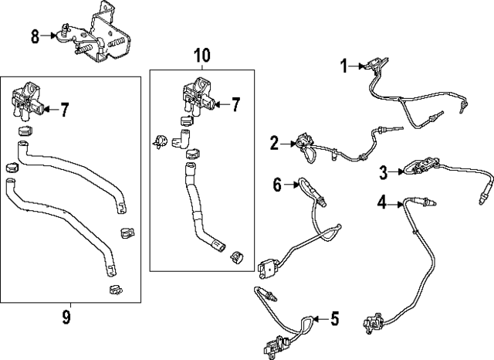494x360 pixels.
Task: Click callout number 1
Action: (x=345, y=67)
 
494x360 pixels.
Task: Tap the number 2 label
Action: (x=274, y=143)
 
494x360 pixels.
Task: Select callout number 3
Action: (x=383, y=172)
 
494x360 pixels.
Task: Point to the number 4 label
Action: (x=381, y=203)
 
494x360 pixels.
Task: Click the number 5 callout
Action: (x=334, y=318)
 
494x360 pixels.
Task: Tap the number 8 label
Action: (x=35, y=36)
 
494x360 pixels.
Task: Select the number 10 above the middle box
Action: (x=201, y=55)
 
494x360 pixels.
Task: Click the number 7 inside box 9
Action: (x=65, y=110)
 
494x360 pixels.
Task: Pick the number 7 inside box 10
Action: (x=236, y=103)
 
